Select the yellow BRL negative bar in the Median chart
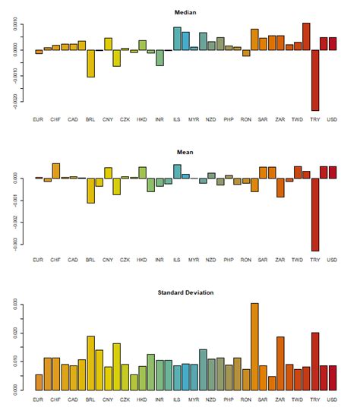click(x=90, y=63)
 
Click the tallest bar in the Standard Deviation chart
click(x=254, y=346)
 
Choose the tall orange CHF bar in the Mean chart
click(x=56, y=171)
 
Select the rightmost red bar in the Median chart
click(x=332, y=44)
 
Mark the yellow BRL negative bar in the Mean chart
click(x=90, y=190)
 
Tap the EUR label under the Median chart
click(x=39, y=120)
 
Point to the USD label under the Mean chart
click(x=332, y=261)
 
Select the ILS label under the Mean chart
click(x=177, y=261)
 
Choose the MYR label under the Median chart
click(x=194, y=120)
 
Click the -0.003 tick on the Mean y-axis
click(x=17, y=243)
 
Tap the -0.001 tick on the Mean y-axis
click(x=17, y=200)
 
